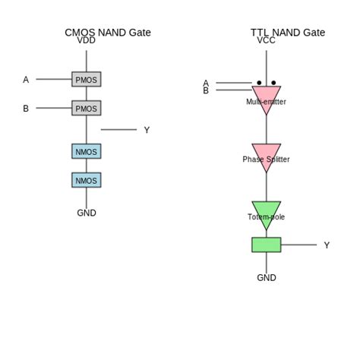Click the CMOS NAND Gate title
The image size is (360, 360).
[107, 32]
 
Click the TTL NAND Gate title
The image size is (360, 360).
[287, 32]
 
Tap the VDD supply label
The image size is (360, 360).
[86, 41]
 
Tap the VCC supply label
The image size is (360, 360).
[266, 41]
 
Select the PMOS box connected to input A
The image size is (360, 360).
[86, 79]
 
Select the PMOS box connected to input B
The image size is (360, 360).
[86, 108]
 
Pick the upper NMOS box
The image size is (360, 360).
[86, 151]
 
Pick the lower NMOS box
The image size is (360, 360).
[86, 180]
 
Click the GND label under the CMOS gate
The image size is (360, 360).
[86, 213]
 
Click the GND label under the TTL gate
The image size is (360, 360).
[266, 278]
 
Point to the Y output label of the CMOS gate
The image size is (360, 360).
[147, 130]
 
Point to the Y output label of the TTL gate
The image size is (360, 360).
[327, 245]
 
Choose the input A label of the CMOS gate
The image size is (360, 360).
[26, 80]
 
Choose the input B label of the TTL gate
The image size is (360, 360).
[206, 90]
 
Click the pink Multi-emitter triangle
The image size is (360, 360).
[266, 97]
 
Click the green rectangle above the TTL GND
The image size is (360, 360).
[266, 245]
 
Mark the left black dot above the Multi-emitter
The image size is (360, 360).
[259, 83]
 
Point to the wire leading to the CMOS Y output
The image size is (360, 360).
[118, 130]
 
